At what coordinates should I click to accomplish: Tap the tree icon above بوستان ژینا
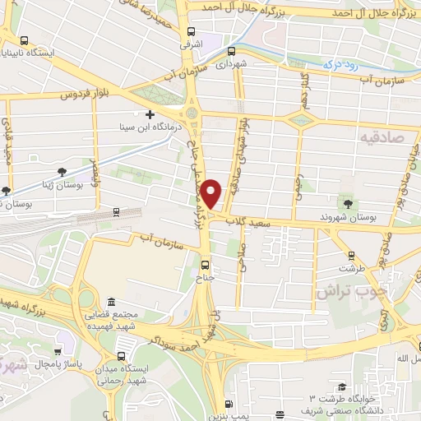click(x=62, y=171)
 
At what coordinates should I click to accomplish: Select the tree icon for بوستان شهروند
click(x=349, y=202)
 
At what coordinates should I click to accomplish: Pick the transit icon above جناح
click(x=206, y=265)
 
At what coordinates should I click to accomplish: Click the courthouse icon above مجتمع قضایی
click(x=111, y=303)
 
